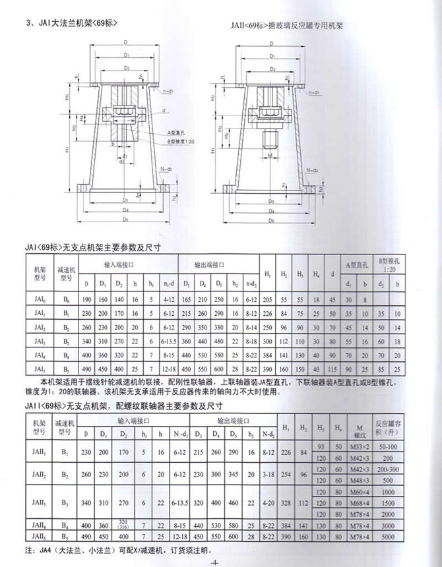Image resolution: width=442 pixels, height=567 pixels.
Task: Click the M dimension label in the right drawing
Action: point(270,158)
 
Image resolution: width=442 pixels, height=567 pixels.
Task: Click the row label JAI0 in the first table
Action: point(39,299)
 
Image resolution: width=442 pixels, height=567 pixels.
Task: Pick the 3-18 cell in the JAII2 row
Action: point(267,474)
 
